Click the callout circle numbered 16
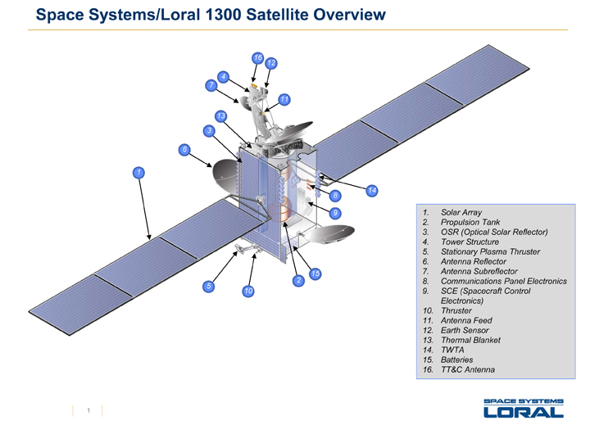pyautogui.click(x=257, y=58)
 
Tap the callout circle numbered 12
pyautogui.click(x=271, y=63)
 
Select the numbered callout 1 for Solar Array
pyautogui.click(x=140, y=172)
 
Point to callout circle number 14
pyautogui.click(x=372, y=190)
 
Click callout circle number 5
pyautogui.click(x=209, y=287)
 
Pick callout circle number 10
pyautogui.click(x=247, y=291)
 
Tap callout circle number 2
pyautogui.click(x=298, y=281)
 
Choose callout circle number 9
pyautogui.click(x=335, y=213)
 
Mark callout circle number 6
pyautogui.click(x=184, y=149)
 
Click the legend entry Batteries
pyautogui.click(x=456, y=359)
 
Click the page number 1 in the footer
pyautogui.click(x=87, y=410)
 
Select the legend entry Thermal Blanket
pyautogui.click(x=470, y=340)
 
